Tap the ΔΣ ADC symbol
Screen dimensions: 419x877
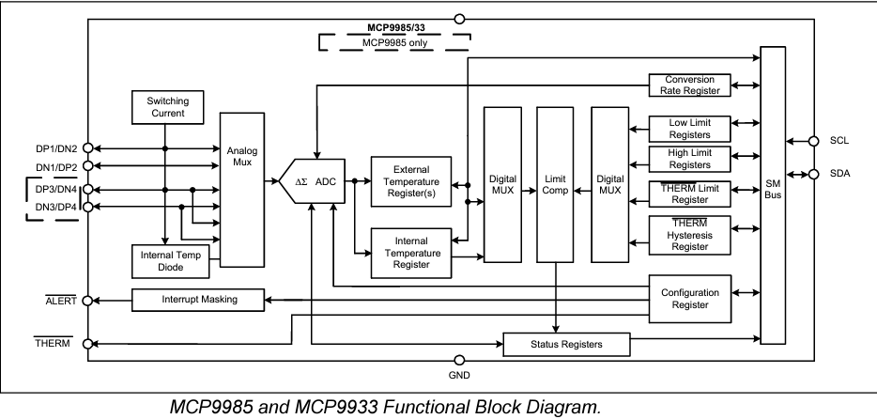coord(314,179)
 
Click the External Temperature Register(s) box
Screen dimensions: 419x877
coord(410,178)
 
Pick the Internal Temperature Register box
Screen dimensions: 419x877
coord(410,252)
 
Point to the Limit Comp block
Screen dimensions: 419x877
coord(554,184)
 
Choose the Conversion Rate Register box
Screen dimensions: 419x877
coord(689,85)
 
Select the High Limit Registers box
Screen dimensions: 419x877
coord(689,160)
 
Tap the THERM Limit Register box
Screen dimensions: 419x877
coord(689,194)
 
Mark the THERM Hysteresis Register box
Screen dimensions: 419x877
coord(689,235)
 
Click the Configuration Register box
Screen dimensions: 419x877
coord(689,299)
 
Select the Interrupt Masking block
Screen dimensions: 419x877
coord(197,300)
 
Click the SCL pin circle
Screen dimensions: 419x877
coord(815,141)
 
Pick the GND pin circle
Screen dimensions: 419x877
coord(458,361)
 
